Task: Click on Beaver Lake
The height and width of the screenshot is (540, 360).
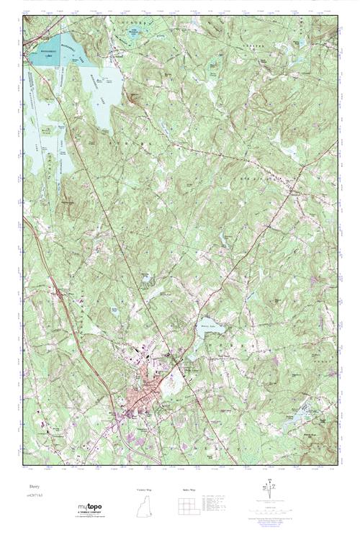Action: point(209,325)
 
